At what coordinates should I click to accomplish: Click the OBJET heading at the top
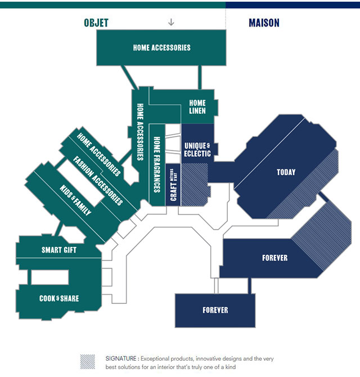click(96, 23)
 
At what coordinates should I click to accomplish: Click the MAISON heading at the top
click(264, 23)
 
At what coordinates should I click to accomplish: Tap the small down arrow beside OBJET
click(172, 23)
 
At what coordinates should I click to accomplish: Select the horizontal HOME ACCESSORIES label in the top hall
click(162, 48)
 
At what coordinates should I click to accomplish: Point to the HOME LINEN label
click(197, 107)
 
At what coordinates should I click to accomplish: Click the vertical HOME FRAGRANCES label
click(157, 163)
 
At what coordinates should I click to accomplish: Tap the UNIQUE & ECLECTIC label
click(197, 149)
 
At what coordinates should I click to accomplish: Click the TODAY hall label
click(286, 172)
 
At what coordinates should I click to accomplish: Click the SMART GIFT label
click(59, 250)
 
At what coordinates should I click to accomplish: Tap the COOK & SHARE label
click(59, 298)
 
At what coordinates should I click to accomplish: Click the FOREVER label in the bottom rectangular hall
click(215, 310)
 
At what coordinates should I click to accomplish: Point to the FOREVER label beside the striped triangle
click(274, 258)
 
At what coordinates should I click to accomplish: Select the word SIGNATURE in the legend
click(121, 358)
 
